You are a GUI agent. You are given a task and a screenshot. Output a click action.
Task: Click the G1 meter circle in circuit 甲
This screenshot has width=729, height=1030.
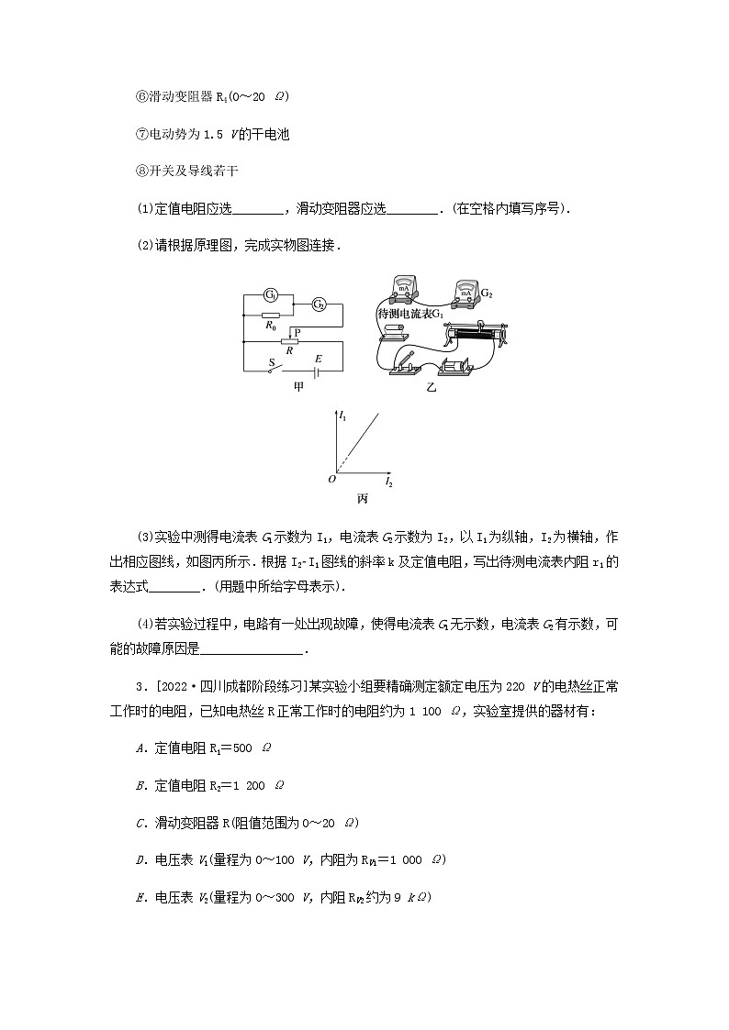click(271, 294)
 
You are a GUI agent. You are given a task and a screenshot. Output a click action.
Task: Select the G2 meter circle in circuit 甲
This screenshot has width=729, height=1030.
click(319, 304)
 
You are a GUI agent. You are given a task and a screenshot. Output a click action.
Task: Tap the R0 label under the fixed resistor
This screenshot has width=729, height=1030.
click(271, 325)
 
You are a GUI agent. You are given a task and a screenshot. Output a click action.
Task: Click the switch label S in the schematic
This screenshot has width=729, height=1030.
click(271, 362)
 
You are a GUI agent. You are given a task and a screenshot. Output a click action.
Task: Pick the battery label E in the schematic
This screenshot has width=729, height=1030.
click(318, 359)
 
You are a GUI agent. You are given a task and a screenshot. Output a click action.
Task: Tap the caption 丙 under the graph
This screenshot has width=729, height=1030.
click(363, 498)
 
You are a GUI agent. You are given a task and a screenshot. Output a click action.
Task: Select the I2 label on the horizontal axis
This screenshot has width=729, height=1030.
click(388, 482)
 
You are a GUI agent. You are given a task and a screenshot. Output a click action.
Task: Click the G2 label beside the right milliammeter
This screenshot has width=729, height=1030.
click(487, 294)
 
